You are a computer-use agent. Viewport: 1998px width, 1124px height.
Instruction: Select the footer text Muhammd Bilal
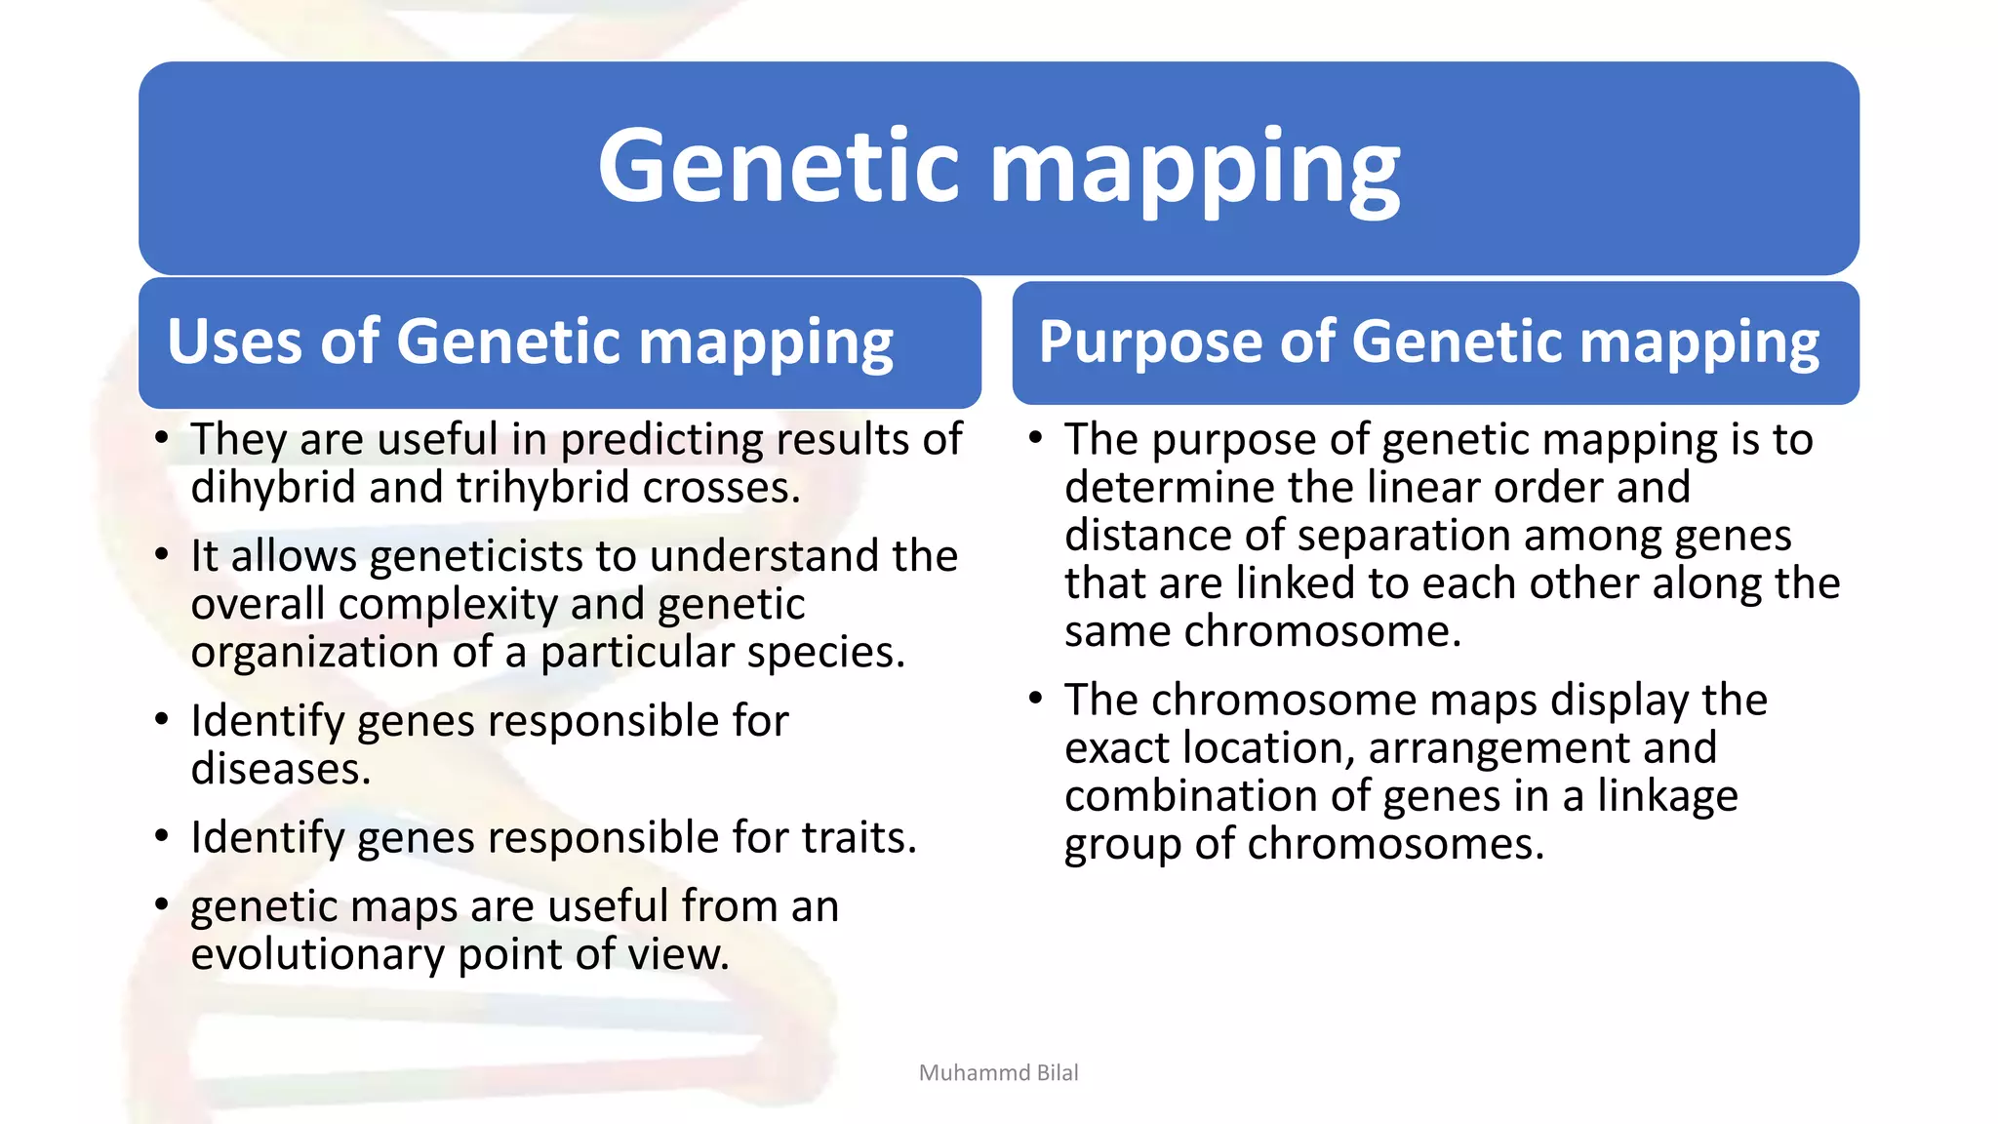click(998, 1072)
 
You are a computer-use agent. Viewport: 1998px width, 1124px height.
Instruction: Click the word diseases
click(280, 769)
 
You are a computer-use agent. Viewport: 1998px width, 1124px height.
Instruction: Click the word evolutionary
click(317, 953)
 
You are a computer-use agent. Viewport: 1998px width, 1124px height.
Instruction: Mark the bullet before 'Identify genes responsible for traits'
click(162, 836)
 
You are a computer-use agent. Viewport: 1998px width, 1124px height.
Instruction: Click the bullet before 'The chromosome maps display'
click(1035, 699)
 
